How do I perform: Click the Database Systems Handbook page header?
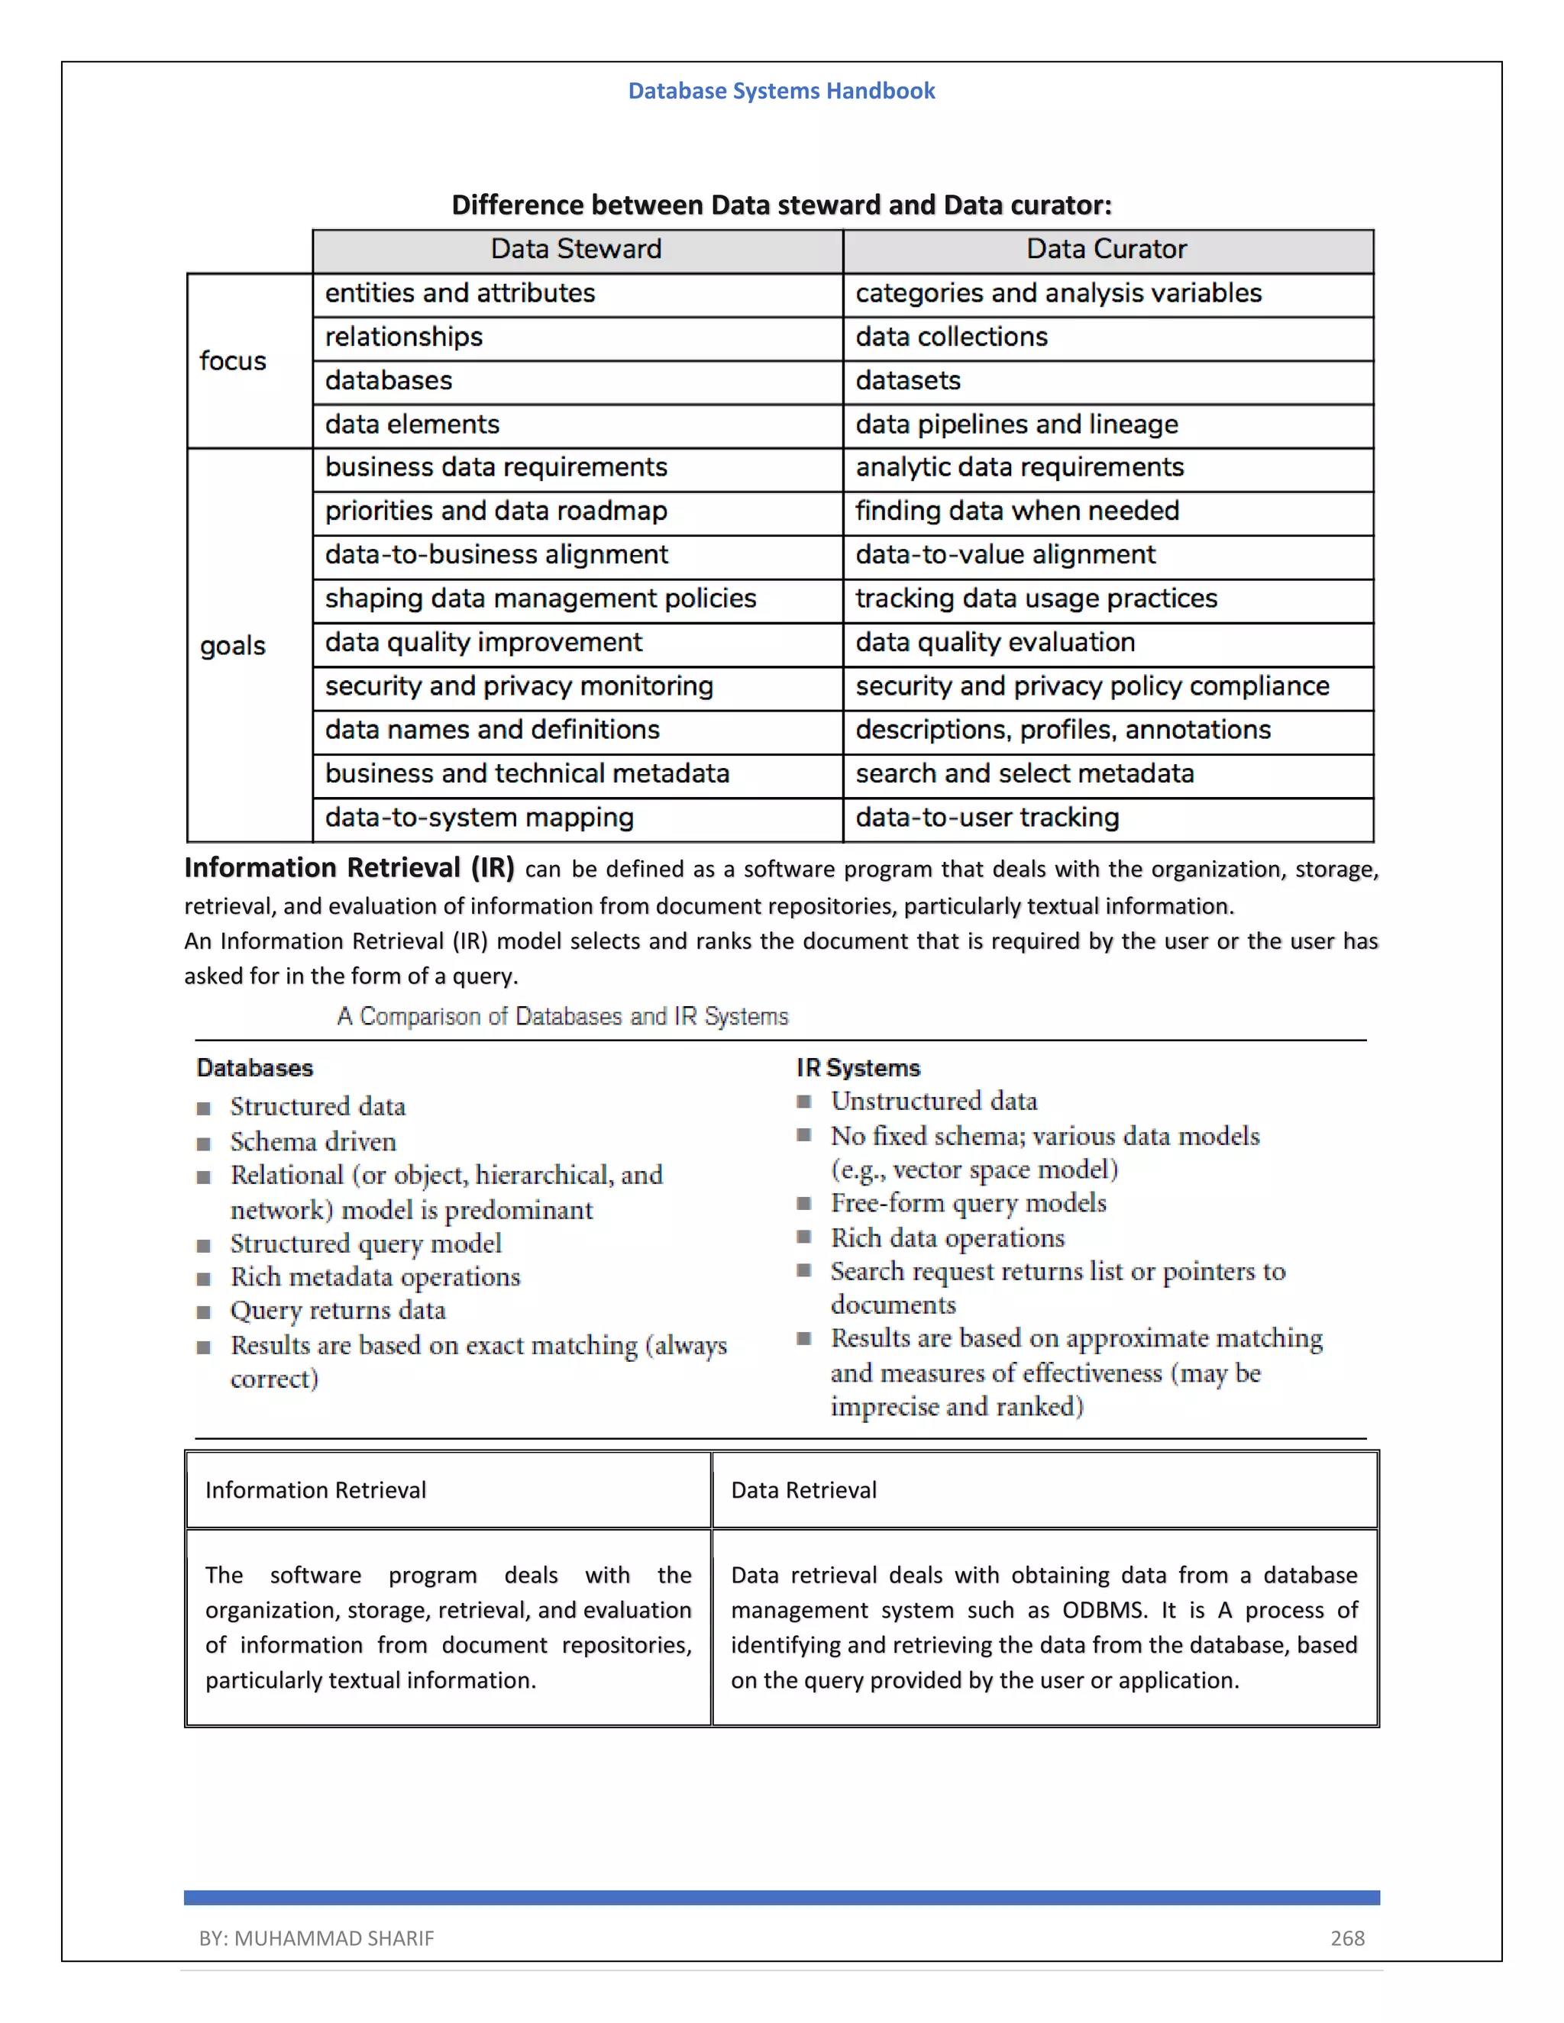click(x=781, y=91)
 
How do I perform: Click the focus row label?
click(x=233, y=360)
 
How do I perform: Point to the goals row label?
click(x=233, y=645)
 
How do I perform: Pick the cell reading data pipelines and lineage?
click(x=1016, y=424)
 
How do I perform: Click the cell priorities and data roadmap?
click(x=496, y=511)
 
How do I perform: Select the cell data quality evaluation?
click(x=994, y=642)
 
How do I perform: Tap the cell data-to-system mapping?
click(x=479, y=817)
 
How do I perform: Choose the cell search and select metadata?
click(x=1024, y=773)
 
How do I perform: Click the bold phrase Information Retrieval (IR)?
click(x=348, y=868)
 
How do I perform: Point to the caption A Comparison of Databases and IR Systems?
click(x=562, y=1016)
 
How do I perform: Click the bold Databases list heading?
click(x=255, y=1068)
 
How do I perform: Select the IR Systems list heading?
click(x=858, y=1068)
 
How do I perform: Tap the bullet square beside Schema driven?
click(x=204, y=1143)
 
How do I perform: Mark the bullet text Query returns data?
click(x=338, y=1310)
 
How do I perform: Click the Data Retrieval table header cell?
click(x=803, y=1489)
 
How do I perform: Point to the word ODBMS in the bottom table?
click(x=1104, y=1610)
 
